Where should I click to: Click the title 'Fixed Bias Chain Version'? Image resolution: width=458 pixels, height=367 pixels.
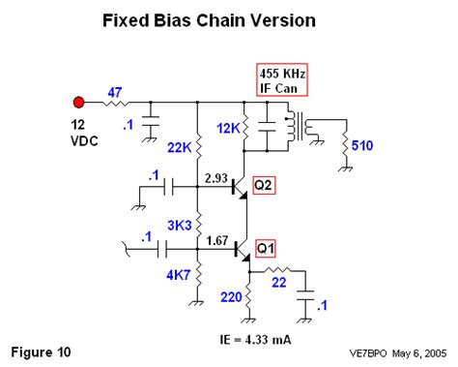click(229, 19)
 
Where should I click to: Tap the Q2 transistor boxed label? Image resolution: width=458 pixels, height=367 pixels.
click(264, 184)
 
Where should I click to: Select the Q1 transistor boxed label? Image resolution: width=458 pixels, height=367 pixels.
click(264, 249)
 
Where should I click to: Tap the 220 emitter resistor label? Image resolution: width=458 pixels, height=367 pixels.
click(231, 298)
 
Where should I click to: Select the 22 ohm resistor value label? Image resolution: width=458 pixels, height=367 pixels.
click(279, 283)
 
